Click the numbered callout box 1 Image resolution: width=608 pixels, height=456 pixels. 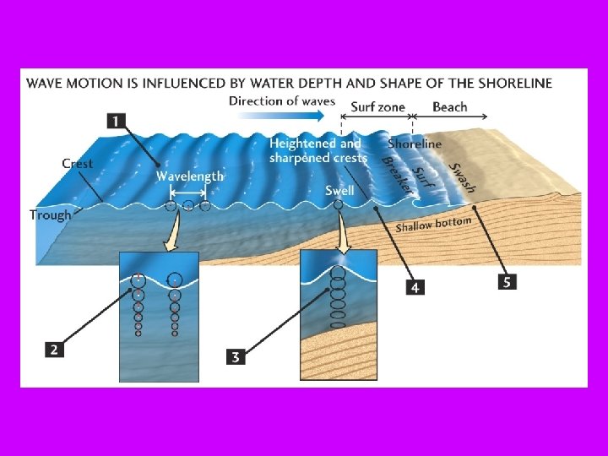pos(117,121)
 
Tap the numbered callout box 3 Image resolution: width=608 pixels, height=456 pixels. pos(236,356)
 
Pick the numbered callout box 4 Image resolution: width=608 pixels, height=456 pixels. pos(414,288)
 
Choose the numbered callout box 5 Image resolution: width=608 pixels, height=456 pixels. pos(507,282)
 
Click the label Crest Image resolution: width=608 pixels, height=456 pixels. pos(78,163)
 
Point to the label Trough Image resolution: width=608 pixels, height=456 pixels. pos(51,214)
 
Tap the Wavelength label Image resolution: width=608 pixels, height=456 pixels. pos(190,176)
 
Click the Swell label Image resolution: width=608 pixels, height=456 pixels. pos(339,191)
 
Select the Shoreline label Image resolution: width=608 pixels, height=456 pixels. pos(415,144)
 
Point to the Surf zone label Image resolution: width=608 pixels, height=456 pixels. pos(377,107)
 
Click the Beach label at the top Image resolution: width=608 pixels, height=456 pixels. pos(449,107)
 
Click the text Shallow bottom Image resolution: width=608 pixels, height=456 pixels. pos(433,223)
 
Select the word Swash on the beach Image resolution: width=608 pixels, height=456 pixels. pos(463,176)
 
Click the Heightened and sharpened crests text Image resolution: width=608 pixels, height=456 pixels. pos(318,150)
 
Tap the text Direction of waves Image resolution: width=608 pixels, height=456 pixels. pos(281,101)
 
